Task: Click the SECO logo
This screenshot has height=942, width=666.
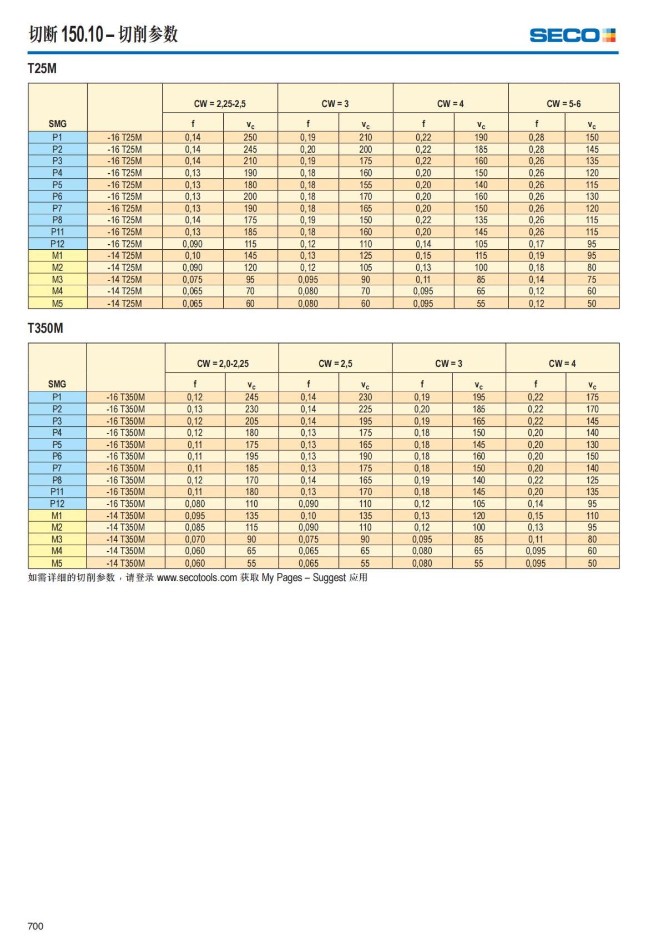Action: [x=572, y=36]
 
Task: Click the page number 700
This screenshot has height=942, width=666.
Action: [x=36, y=925]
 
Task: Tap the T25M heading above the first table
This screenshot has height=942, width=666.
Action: [x=42, y=69]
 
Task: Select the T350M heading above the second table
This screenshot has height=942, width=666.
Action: [x=46, y=328]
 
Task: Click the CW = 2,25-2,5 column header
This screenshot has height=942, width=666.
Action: [x=220, y=104]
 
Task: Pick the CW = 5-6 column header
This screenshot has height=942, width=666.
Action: [x=563, y=104]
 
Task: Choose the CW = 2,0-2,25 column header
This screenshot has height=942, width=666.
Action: [x=223, y=364]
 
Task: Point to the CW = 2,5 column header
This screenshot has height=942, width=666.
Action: [x=335, y=364]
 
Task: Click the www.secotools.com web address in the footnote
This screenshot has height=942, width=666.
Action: [x=197, y=578]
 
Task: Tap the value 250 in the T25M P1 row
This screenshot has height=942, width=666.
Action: [x=250, y=137]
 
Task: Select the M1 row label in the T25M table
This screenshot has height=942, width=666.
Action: [x=57, y=256]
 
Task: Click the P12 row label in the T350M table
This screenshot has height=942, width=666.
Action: [x=57, y=504]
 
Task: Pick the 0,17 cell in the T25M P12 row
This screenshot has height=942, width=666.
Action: [x=536, y=244]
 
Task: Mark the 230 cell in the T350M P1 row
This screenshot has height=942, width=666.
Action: [x=365, y=397]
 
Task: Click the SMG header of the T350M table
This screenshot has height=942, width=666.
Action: [x=57, y=384]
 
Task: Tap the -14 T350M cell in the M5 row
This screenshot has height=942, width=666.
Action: [x=125, y=563]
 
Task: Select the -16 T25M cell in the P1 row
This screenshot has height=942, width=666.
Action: [x=124, y=137]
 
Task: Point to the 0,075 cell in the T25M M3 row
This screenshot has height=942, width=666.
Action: [x=193, y=280]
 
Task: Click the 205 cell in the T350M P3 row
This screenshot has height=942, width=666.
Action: [x=251, y=421]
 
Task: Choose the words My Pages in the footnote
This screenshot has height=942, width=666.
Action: [x=282, y=578]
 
